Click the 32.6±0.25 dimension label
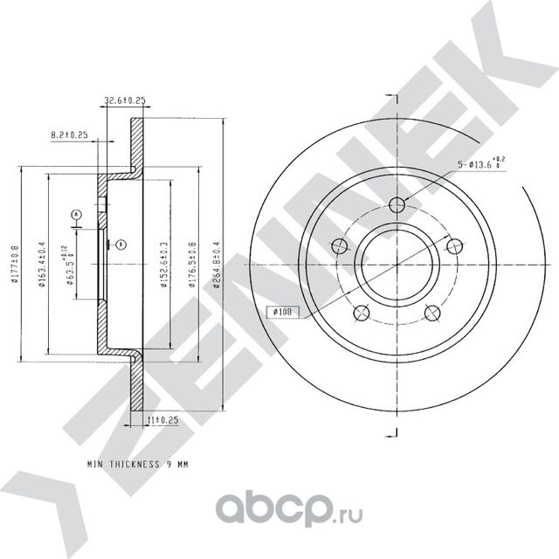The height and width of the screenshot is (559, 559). point(124,101)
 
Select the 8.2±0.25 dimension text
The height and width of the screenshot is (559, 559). point(69,135)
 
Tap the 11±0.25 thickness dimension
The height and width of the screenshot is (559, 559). point(162,421)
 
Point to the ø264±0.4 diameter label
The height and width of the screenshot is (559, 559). point(217,263)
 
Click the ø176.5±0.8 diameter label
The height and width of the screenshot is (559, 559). point(192,263)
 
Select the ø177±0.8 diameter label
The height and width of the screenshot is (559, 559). point(15,263)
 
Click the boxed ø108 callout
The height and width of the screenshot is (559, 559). point(282,310)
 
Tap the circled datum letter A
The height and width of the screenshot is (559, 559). point(77,214)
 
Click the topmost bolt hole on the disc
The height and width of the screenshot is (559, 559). point(397,205)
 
